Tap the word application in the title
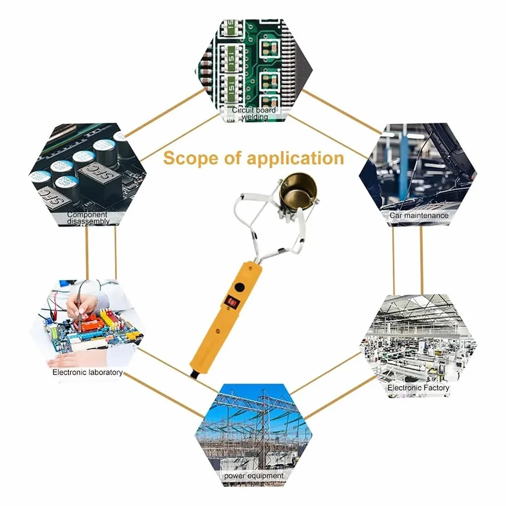[295, 159]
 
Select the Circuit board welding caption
[254, 113]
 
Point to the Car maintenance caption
[419, 215]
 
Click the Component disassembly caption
[87, 218]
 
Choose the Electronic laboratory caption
[87, 372]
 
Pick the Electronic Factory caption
[418, 387]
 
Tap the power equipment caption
[254, 476]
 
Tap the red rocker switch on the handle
[232, 302]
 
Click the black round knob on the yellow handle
[239, 287]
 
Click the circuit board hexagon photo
[254, 70]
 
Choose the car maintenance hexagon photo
[418, 175]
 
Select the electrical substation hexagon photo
[254, 435]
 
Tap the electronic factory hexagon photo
[418, 346]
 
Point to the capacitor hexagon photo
[87, 175]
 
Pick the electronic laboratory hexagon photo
[87, 331]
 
